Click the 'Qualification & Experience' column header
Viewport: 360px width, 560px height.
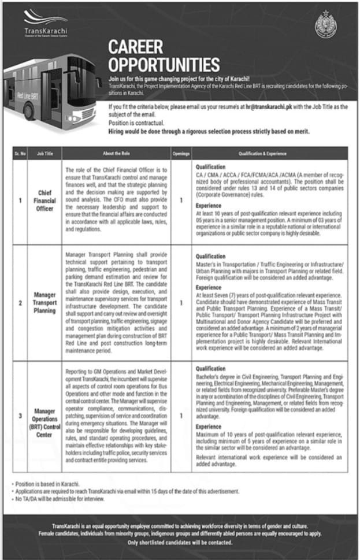pos(269,154)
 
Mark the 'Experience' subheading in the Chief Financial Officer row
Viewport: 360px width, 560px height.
pos(209,205)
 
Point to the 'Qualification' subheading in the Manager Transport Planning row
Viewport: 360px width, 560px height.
pos(210,256)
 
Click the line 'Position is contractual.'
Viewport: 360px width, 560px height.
pos(136,124)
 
